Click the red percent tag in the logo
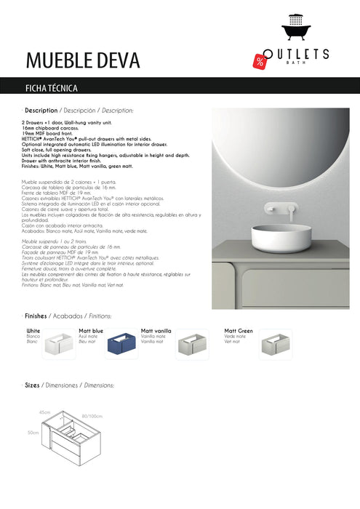(x=260, y=61)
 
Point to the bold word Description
(x=41, y=111)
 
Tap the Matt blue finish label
(x=91, y=331)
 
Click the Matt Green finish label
(x=239, y=331)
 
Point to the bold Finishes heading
(x=36, y=317)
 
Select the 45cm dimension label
(x=45, y=412)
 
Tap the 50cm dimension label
(x=33, y=432)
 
